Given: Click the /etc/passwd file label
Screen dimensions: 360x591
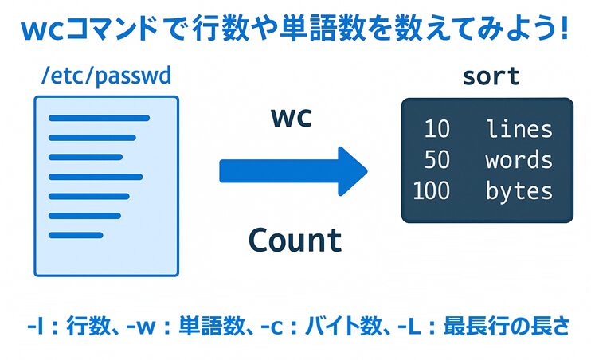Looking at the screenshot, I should pyautogui.click(x=106, y=78).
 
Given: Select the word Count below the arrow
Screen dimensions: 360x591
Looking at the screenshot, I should pyautogui.click(x=295, y=240).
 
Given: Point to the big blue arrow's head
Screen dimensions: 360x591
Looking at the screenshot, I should pyautogui.click(x=350, y=170).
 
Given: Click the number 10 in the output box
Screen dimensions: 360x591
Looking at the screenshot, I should pyautogui.click(x=436, y=129).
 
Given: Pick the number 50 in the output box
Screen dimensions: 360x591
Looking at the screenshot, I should pyautogui.click(x=436, y=160).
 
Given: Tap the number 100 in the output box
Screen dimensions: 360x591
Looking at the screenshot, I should pyautogui.click(x=431, y=191).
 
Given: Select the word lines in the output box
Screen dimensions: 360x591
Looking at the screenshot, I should pyautogui.click(x=519, y=129).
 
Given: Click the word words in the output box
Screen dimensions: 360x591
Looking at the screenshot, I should pyautogui.click(x=519, y=160).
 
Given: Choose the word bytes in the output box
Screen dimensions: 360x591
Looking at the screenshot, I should pyautogui.click(x=519, y=191).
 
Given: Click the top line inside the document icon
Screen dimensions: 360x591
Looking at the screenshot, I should pyautogui.click(x=100, y=119).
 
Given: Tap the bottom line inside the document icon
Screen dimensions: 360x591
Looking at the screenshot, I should pyautogui.click(x=76, y=235).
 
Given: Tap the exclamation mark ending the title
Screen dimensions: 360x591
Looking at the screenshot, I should pyautogui.click(x=563, y=30).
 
